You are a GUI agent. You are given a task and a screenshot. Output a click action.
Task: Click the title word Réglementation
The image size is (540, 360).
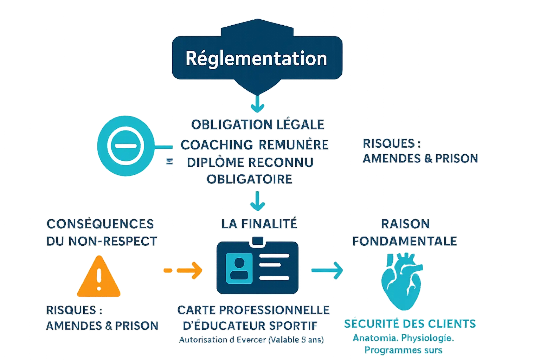(256, 58)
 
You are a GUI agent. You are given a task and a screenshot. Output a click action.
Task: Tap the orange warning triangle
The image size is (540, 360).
(99, 278)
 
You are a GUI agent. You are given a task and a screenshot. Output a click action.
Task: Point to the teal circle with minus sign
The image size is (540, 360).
(126, 146)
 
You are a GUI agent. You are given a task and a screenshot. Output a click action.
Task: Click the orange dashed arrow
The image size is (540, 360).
(183, 270)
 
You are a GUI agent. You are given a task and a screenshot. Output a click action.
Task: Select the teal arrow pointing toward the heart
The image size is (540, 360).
(327, 270)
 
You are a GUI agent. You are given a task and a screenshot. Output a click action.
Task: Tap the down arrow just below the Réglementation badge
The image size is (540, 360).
(257, 104)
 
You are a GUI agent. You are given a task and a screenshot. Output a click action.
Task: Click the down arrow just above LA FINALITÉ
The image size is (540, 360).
(258, 201)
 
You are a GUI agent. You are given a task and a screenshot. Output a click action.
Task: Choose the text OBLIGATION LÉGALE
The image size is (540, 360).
(258, 124)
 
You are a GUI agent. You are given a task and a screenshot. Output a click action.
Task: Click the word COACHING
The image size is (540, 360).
(217, 145)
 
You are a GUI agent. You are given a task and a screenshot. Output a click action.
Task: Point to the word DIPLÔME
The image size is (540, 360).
(216, 162)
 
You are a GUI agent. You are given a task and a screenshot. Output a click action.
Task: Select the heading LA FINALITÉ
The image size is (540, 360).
(259, 224)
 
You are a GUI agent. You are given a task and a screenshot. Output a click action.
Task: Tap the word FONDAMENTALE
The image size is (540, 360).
(405, 241)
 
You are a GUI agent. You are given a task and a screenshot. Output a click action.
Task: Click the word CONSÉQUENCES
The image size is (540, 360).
(101, 224)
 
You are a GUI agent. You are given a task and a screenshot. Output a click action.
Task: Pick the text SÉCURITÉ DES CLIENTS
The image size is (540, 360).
(410, 324)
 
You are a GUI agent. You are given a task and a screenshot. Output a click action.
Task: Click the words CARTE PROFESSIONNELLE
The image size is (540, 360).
(253, 310)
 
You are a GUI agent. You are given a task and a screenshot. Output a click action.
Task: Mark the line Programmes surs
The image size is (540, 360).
(403, 350)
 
